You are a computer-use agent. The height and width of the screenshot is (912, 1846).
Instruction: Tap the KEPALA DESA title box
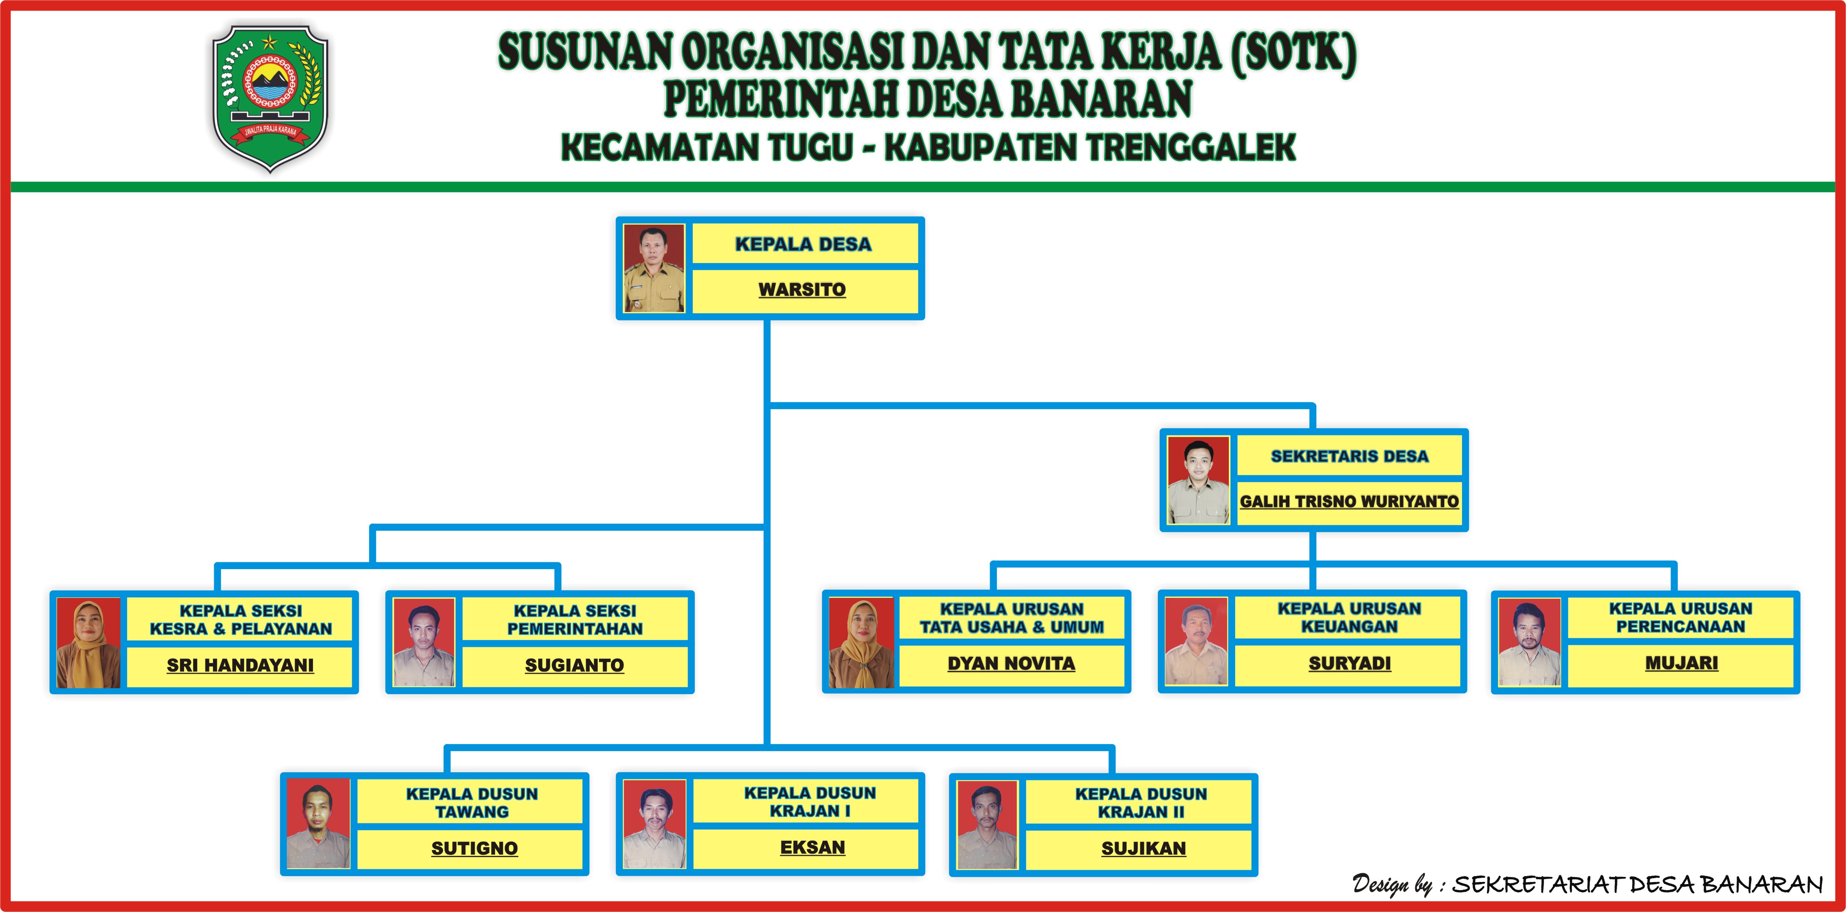(803, 244)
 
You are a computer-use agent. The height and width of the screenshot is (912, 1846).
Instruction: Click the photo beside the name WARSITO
(653, 268)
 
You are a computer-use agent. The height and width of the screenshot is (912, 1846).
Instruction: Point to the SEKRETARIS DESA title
(1349, 456)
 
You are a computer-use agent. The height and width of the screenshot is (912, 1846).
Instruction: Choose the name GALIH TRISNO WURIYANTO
(1349, 502)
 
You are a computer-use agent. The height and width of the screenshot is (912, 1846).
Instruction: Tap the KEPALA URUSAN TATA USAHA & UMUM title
(1011, 618)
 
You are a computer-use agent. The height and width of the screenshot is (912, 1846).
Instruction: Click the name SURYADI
(1349, 663)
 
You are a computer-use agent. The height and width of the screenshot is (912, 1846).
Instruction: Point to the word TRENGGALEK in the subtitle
(1190, 148)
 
